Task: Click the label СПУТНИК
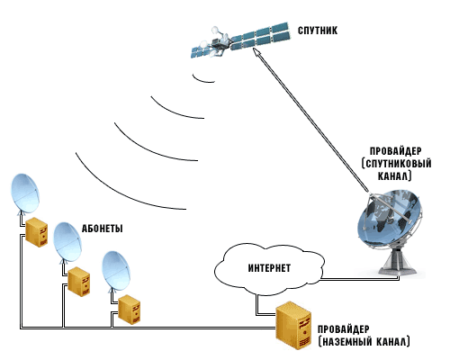(x=318, y=31)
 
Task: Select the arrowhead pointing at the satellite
(x=257, y=53)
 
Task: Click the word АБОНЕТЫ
(x=103, y=229)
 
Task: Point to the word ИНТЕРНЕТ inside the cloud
(x=269, y=268)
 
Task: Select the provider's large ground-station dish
(x=390, y=219)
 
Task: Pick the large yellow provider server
(x=293, y=326)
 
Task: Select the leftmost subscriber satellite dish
(x=25, y=193)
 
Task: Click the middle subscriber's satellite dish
(x=67, y=242)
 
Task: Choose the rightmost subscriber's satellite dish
(x=116, y=271)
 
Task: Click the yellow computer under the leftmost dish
(x=36, y=232)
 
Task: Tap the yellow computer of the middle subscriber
(x=78, y=282)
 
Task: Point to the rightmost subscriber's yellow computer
(x=129, y=310)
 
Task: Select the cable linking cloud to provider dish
(x=360, y=279)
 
